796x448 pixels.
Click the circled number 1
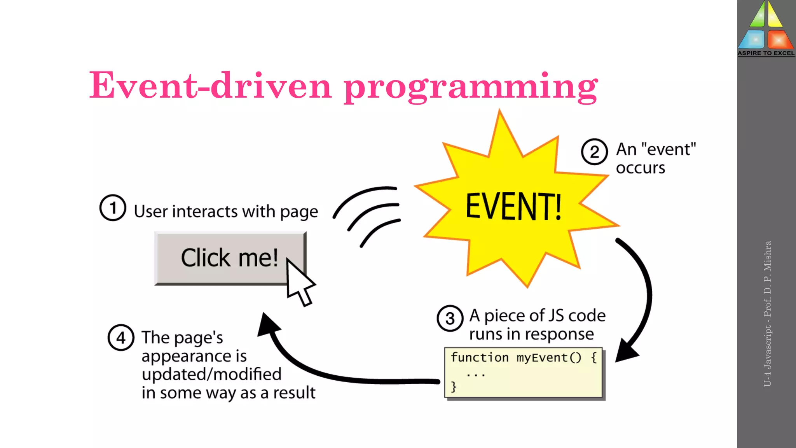pos(113,208)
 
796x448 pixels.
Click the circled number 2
pos(594,152)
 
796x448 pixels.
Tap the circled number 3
pos(450,318)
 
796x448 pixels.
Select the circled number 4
pos(121,338)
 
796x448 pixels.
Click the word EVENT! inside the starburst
pos(513,206)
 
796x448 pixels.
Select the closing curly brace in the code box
pos(454,387)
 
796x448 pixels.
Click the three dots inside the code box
pos(476,375)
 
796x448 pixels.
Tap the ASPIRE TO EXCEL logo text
pos(766,53)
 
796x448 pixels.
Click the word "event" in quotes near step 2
pos(669,149)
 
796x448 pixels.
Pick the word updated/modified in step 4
pos(211,374)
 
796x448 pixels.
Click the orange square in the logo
pos(779,40)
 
